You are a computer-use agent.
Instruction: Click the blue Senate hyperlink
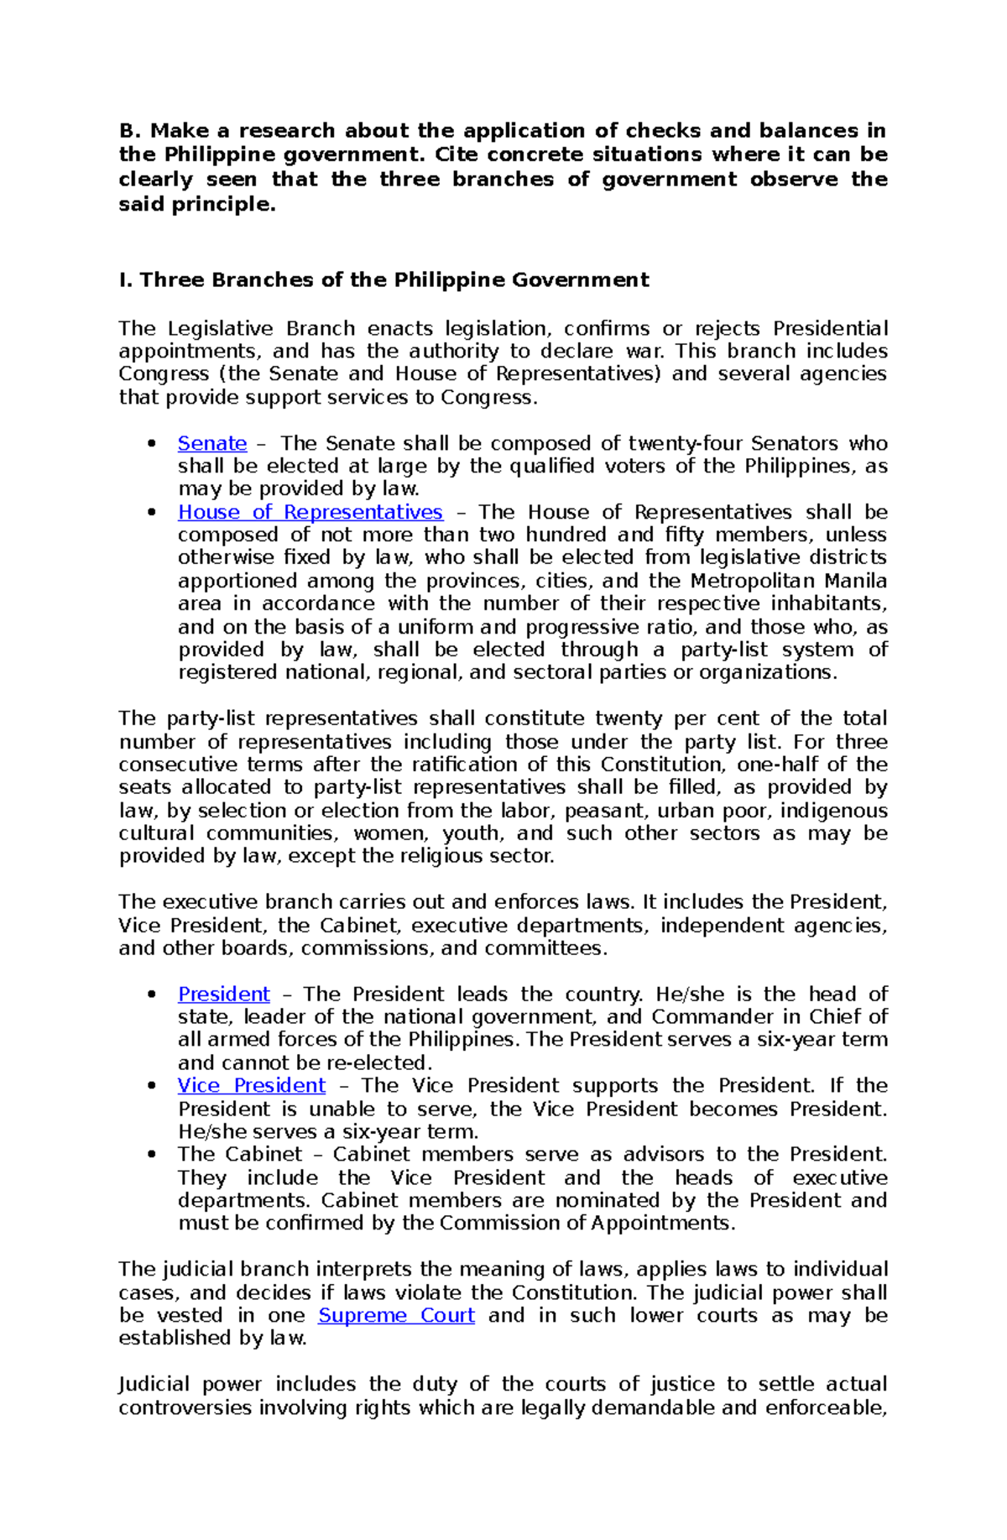pyautogui.click(x=212, y=443)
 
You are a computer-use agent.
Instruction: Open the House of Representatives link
pyautogui.click(x=310, y=512)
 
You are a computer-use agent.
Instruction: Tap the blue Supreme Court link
pyautogui.click(x=396, y=1315)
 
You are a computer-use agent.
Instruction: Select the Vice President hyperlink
pyautogui.click(x=251, y=1085)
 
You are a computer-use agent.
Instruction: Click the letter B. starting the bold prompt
pyautogui.click(x=128, y=131)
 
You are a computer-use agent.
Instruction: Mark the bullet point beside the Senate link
pyautogui.click(x=152, y=443)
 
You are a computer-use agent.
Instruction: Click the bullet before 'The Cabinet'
pyautogui.click(x=152, y=1154)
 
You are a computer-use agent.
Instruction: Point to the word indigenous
pyautogui.click(x=839, y=811)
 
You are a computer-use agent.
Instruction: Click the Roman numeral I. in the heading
pyautogui.click(x=125, y=280)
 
